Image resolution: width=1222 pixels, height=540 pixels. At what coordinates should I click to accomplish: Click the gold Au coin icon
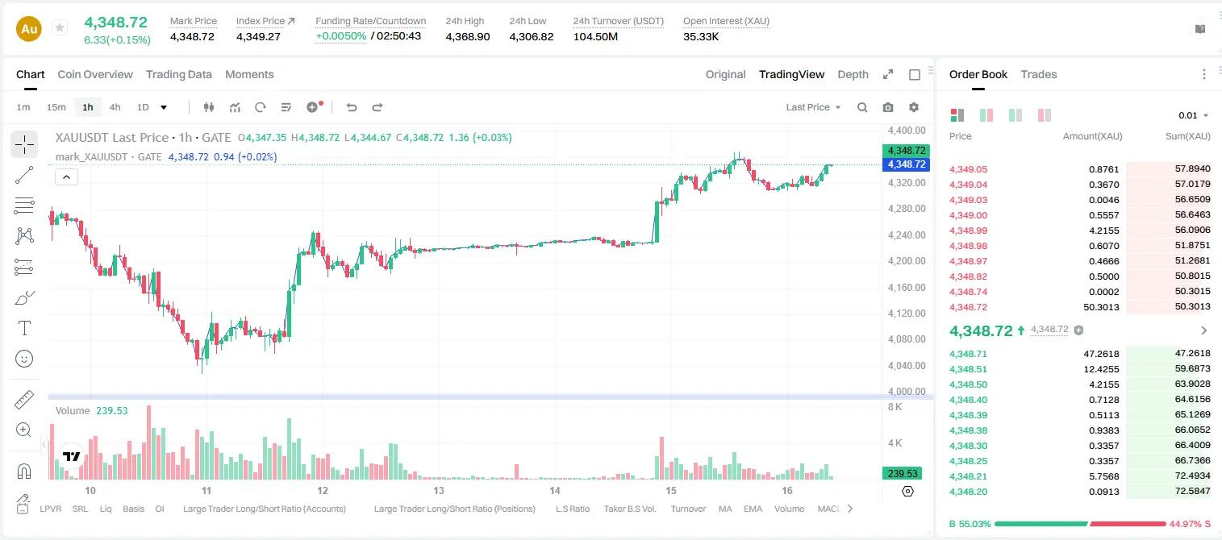click(29, 29)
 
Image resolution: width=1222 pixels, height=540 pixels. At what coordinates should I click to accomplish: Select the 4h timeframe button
click(115, 107)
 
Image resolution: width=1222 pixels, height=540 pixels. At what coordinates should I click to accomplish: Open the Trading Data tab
click(178, 74)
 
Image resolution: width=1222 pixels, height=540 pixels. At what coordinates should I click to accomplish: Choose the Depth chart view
click(853, 74)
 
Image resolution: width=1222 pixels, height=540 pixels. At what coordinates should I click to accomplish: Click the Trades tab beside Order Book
click(1038, 74)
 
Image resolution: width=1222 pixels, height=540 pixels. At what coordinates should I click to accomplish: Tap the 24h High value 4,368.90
click(468, 36)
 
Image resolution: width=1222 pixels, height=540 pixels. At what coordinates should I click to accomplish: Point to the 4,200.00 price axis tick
click(906, 261)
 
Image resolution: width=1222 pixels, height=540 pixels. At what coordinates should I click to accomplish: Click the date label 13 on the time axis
click(439, 490)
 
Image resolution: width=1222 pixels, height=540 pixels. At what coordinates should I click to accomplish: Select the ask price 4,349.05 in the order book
click(968, 169)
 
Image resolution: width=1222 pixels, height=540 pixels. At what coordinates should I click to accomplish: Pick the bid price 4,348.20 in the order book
click(968, 492)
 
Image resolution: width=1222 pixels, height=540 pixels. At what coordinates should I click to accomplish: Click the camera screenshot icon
click(887, 107)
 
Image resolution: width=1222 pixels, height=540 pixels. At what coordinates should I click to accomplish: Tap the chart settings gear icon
click(914, 107)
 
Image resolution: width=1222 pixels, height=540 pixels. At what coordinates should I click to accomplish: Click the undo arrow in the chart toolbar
click(352, 107)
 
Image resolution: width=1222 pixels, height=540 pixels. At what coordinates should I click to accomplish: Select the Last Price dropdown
click(813, 107)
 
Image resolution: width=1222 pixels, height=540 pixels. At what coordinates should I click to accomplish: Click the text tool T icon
click(24, 328)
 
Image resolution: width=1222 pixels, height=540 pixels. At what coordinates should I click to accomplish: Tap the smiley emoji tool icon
click(24, 359)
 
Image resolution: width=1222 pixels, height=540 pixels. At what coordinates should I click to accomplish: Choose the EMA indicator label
click(753, 509)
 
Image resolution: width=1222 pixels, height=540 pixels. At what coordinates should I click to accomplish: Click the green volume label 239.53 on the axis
click(903, 474)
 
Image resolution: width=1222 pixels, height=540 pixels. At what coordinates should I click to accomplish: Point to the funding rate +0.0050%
click(340, 36)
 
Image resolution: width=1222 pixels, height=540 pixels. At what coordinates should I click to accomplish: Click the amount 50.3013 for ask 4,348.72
click(1101, 307)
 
